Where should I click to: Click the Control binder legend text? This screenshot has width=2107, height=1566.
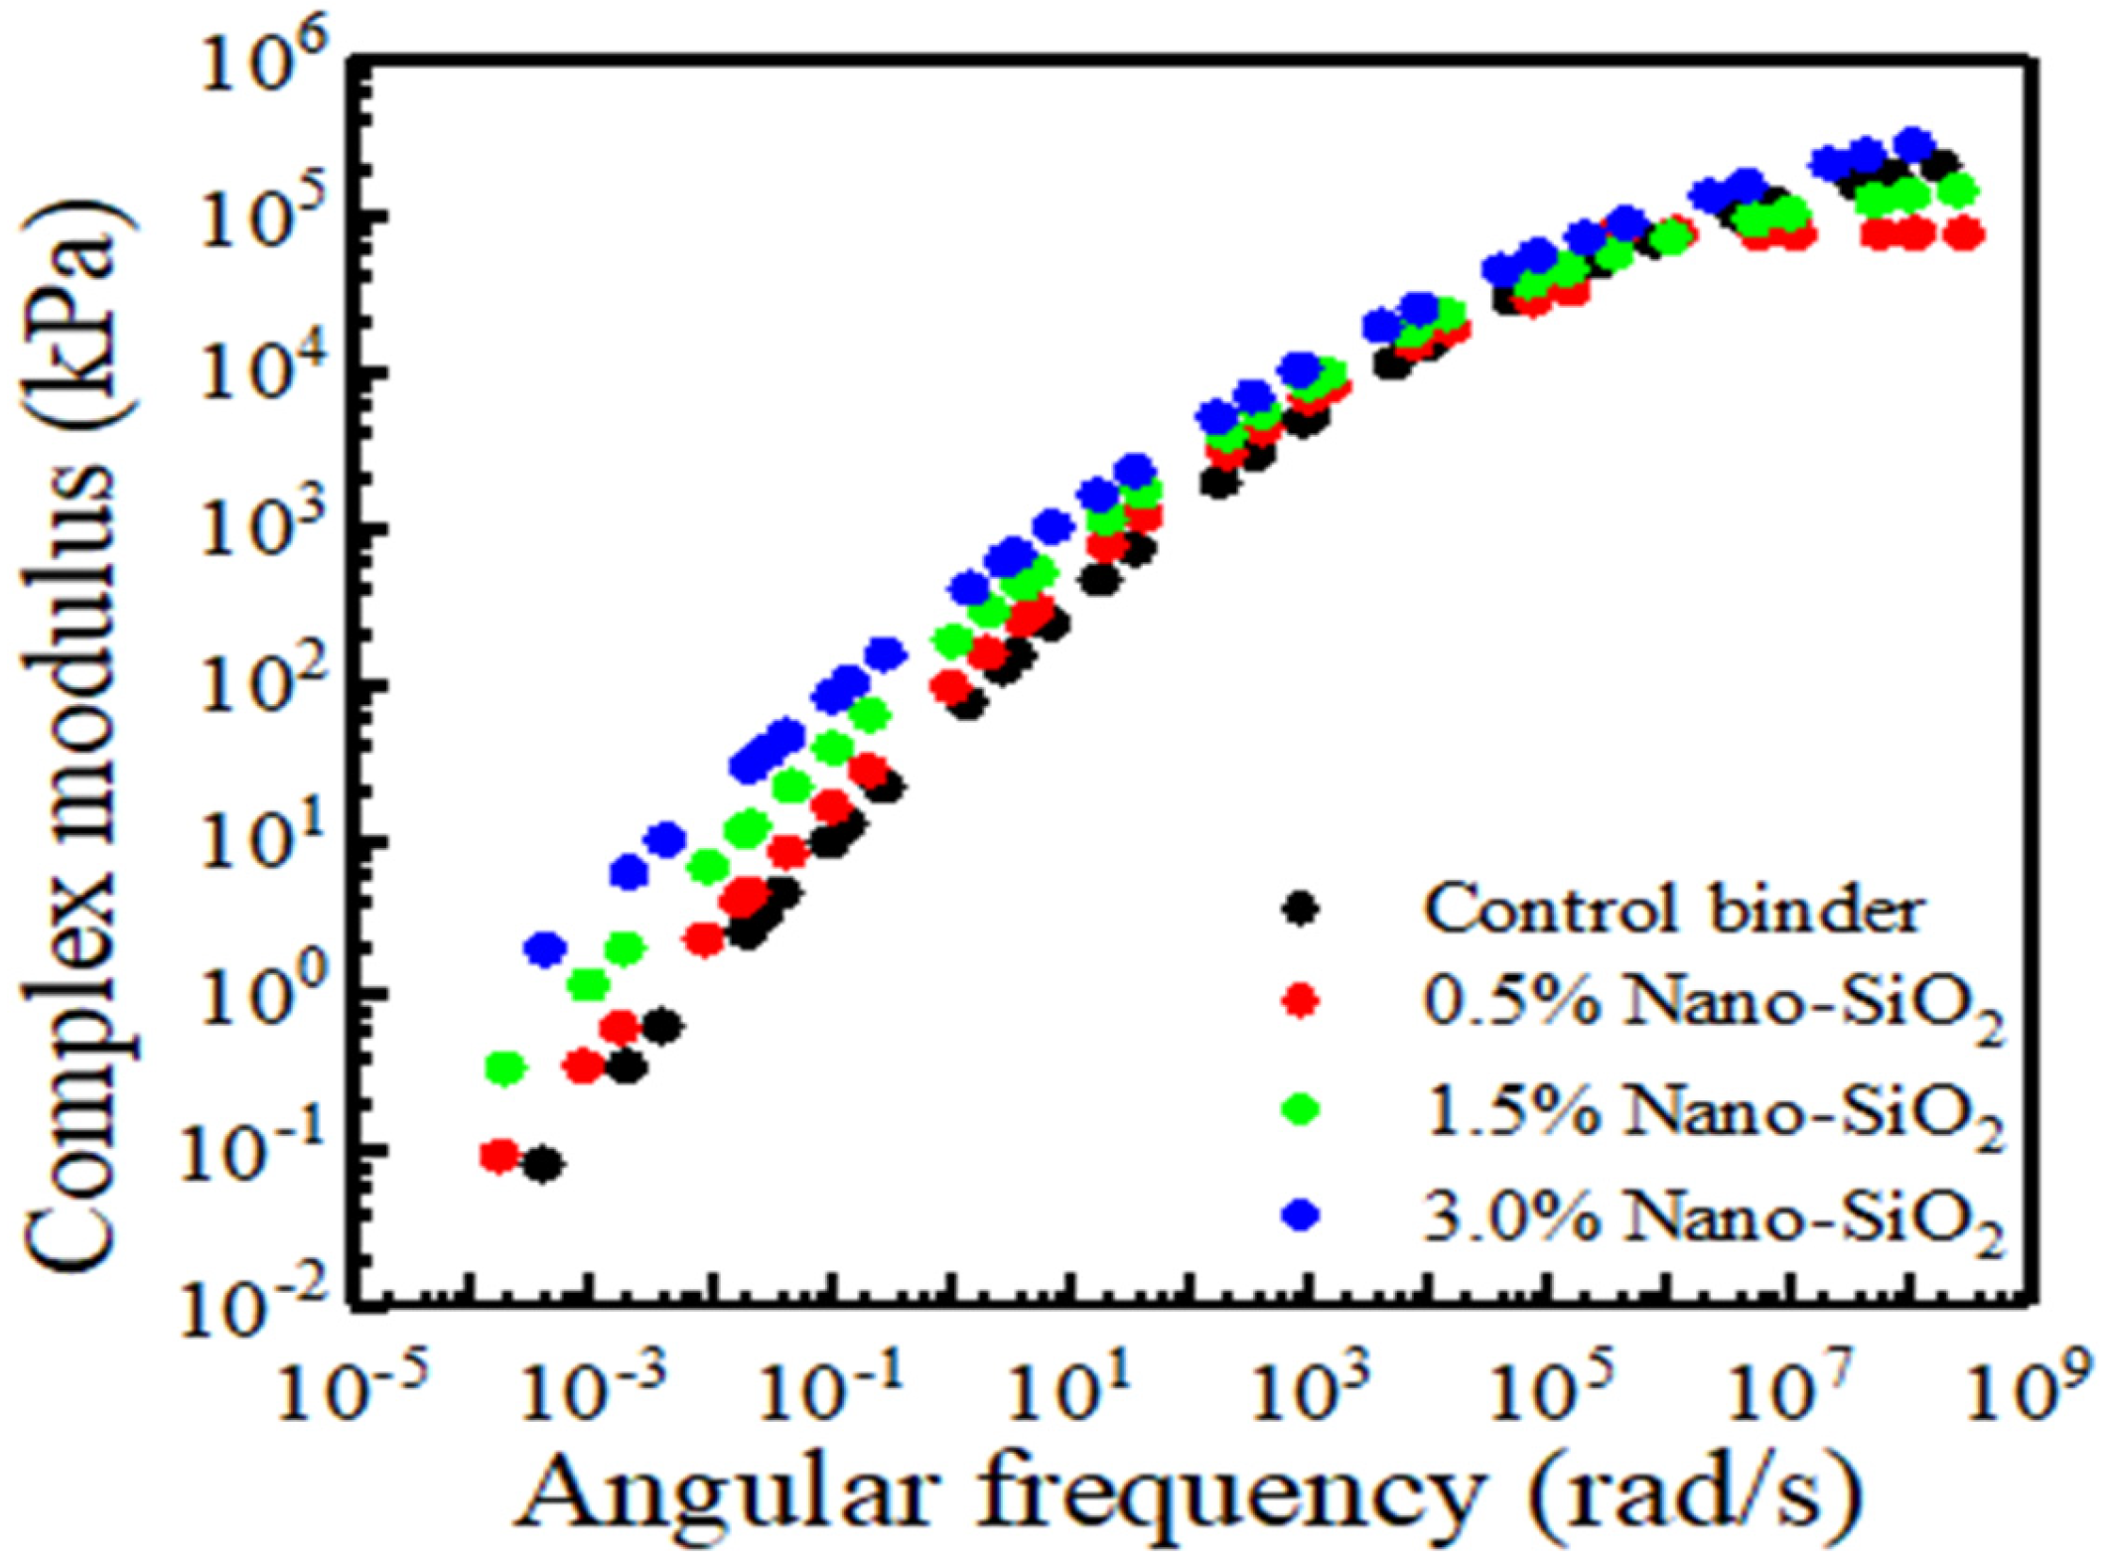click(x=1674, y=909)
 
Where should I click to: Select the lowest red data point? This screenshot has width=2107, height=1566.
click(x=499, y=1155)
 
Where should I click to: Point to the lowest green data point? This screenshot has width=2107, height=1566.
click(x=505, y=1068)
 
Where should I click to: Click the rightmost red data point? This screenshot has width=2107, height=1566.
click(x=1963, y=235)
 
